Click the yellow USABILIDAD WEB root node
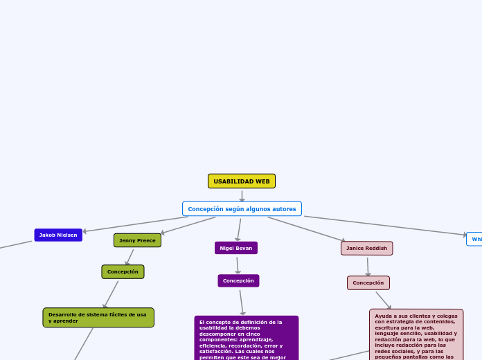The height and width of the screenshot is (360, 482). (242, 181)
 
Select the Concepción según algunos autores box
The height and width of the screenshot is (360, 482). (242, 209)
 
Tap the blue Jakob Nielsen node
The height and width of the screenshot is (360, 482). (58, 235)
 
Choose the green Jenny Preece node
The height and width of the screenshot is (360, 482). (137, 240)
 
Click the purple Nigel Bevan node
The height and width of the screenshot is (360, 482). (236, 248)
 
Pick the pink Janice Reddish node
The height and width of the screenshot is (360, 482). (367, 248)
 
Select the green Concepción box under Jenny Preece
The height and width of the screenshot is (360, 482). (123, 272)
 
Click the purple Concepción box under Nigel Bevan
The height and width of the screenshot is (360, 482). (238, 280)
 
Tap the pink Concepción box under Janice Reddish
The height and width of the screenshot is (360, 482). (368, 282)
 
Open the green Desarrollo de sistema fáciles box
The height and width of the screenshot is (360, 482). (98, 318)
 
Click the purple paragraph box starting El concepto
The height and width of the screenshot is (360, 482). (247, 338)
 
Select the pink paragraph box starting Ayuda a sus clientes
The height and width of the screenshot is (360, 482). (416, 334)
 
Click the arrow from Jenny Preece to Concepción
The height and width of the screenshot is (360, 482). (130, 257)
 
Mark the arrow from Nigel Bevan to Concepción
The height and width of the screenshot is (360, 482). (238, 264)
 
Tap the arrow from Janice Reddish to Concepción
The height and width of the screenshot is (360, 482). (368, 266)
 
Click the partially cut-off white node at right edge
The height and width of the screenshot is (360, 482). (475, 239)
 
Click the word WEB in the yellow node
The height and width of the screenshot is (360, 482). (262, 181)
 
